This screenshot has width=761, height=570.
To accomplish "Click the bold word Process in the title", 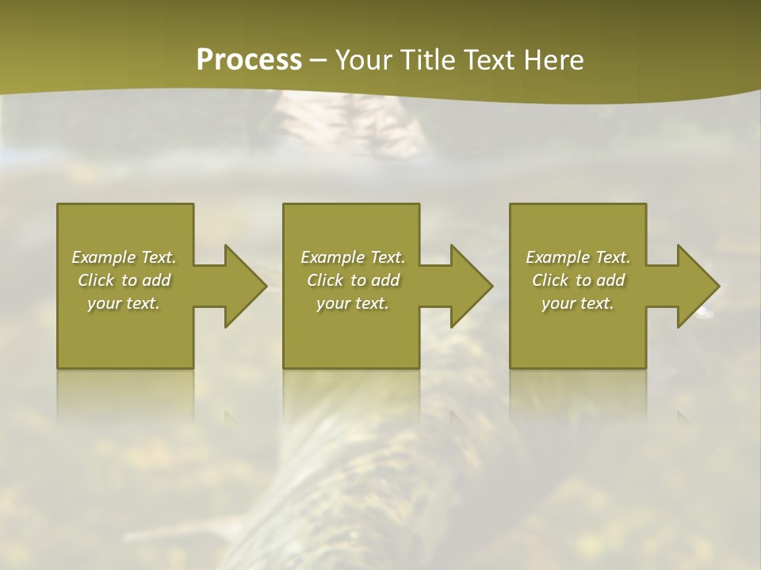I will tap(249, 59).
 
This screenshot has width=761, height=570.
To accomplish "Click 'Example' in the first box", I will tap(103, 257).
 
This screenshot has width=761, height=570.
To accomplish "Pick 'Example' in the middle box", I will tap(332, 257).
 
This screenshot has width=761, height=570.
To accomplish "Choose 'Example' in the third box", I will tap(557, 257).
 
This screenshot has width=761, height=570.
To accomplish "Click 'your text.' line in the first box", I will tap(124, 303).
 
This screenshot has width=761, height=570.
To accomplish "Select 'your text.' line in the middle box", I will tap(353, 303).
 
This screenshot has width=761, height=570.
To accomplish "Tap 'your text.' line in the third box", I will tap(578, 303).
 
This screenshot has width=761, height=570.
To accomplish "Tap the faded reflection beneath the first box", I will tap(125, 396).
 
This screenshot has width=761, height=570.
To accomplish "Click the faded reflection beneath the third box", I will tap(578, 396).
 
